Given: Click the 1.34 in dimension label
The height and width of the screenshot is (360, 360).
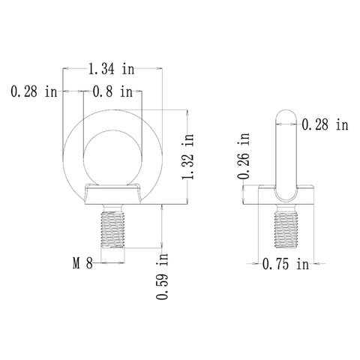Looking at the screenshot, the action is pyautogui.click(x=112, y=69).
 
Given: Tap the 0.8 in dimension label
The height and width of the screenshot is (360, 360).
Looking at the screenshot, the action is pyautogui.click(x=112, y=91).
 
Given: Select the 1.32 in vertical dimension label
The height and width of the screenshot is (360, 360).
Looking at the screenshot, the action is pyautogui.click(x=188, y=157).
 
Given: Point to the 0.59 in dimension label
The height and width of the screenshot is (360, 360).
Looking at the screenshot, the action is pyautogui.click(x=162, y=276).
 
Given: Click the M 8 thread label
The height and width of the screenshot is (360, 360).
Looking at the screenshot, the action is pyautogui.click(x=82, y=263).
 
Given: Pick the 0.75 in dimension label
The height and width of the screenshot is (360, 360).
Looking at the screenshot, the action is pyautogui.click(x=286, y=264).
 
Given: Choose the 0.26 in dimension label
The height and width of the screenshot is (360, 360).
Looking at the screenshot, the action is pyautogui.click(x=244, y=156).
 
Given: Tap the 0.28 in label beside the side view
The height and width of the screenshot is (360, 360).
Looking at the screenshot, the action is pyautogui.click(x=325, y=124).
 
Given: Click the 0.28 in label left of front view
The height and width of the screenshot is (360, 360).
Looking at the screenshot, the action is pyautogui.click(x=34, y=91).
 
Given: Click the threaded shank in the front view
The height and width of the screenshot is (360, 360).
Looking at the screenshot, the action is pyautogui.click(x=112, y=229).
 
